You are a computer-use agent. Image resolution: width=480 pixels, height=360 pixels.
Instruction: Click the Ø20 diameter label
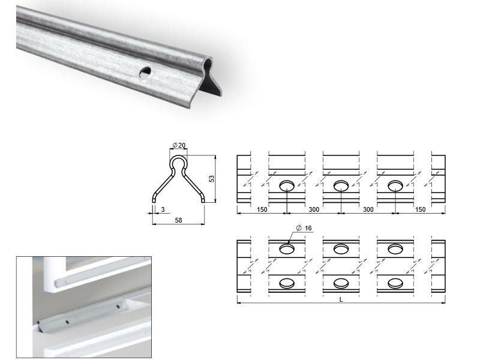[179, 145]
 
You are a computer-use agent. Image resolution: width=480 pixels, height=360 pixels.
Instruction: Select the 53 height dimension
[212, 179]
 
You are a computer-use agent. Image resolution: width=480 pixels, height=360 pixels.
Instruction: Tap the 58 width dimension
[178, 220]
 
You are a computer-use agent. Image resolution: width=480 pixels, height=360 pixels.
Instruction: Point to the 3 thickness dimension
[163, 209]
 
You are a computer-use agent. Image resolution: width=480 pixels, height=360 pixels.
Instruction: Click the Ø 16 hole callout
[304, 228]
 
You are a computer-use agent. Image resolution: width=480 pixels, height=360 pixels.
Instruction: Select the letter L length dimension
[341, 299]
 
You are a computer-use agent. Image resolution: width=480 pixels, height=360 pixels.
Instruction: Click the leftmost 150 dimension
[262, 209]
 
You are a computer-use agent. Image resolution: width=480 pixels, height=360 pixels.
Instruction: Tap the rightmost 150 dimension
[421, 209]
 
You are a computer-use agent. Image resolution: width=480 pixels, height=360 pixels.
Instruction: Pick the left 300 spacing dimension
[314, 209]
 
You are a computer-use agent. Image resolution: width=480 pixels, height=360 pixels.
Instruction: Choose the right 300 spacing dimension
[368, 209]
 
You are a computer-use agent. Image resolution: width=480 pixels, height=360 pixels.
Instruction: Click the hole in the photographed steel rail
[145, 72]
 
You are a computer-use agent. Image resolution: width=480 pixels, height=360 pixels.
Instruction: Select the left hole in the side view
[287, 185]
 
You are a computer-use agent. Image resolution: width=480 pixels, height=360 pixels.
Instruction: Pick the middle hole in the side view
[341, 185]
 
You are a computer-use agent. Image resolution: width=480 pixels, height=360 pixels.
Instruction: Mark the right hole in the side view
[395, 185]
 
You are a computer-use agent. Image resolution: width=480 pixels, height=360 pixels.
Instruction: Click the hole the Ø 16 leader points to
[287, 249]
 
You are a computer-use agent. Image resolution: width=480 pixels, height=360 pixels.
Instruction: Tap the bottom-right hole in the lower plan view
[395, 283]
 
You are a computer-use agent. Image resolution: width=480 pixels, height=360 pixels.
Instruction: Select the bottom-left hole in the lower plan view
[287, 283]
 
